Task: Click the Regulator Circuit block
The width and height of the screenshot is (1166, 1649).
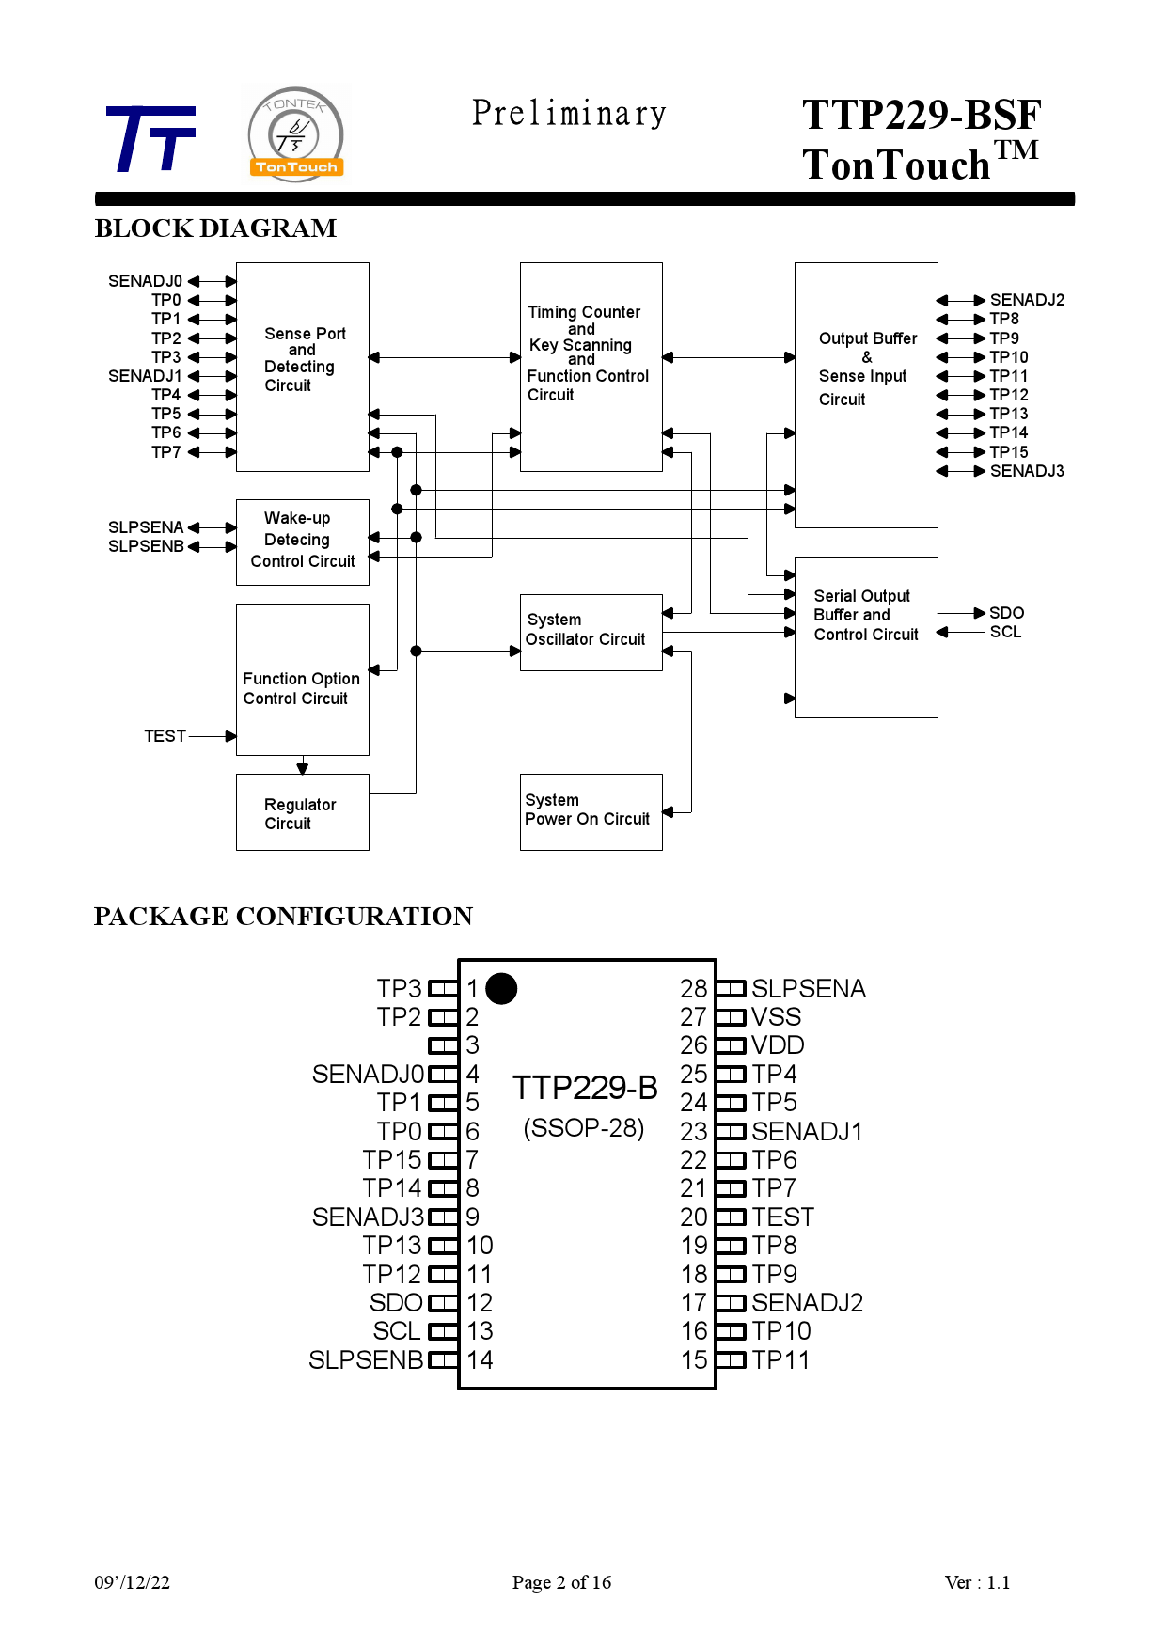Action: pos(302,812)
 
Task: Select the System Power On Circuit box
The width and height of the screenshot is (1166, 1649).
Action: pos(591,811)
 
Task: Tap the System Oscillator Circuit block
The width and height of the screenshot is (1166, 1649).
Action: pos(591,632)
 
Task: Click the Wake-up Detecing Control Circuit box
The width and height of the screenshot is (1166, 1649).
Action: pos(302,542)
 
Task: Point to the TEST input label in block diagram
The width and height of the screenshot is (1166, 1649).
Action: pos(165,736)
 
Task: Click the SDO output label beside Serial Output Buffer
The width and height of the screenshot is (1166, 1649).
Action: pos(1006,613)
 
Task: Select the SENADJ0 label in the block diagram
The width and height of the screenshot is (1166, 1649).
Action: pos(145,281)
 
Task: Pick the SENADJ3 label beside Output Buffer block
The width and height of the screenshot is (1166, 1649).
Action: pos(1027,471)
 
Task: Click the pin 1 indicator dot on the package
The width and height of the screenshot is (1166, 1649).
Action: pos(501,988)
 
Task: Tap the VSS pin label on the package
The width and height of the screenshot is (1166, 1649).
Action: pos(776,1017)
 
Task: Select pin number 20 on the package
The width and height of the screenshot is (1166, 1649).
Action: pos(694,1217)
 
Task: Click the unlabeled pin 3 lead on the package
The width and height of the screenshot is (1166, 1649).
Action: pos(443,1045)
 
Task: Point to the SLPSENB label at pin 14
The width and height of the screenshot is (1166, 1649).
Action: pos(366,1360)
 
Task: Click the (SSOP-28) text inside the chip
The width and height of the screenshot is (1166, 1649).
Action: pos(584,1128)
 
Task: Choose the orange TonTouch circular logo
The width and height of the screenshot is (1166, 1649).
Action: pos(296,134)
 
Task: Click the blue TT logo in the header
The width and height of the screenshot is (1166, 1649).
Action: pos(150,139)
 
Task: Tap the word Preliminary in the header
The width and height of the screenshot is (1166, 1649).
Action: pos(569,114)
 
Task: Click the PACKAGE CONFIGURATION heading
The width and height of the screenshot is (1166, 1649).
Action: pos(283,917)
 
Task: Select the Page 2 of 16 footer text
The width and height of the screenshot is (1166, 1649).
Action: pos(561,1582)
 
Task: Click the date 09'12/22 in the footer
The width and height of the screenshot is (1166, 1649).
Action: pos(132,1582)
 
